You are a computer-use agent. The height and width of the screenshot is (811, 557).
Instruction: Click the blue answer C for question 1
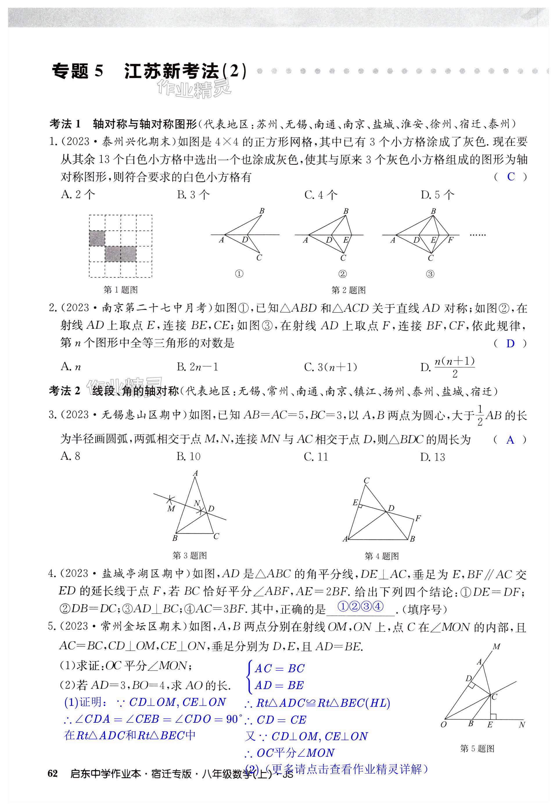coord(511,177)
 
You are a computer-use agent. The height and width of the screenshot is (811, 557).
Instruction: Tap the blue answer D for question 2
coord(510,344)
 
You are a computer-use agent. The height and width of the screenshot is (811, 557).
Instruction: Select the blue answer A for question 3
coord(510,440)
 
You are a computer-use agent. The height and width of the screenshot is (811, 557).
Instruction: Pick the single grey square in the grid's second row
coord(97,238)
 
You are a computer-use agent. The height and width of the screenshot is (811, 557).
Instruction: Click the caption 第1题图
coord(121,290)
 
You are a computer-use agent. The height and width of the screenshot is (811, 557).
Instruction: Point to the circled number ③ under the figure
coord(430,274)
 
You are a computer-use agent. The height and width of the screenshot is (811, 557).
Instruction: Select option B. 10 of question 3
coord(188,456)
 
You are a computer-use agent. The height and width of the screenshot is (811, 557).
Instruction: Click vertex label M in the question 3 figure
coord(171,508)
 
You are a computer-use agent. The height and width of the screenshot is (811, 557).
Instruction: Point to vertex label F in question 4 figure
coord(418,518)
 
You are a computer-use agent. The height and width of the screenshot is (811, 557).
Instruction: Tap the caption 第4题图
coord(382,556)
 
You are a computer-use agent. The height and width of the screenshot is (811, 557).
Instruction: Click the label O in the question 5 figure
coord(443,724)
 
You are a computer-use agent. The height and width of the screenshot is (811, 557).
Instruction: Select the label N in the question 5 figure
coord(522,724)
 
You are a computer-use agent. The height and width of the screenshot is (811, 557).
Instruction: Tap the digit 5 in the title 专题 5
coord(99,71)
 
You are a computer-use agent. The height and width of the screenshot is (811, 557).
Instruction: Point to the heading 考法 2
coord(65,391)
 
